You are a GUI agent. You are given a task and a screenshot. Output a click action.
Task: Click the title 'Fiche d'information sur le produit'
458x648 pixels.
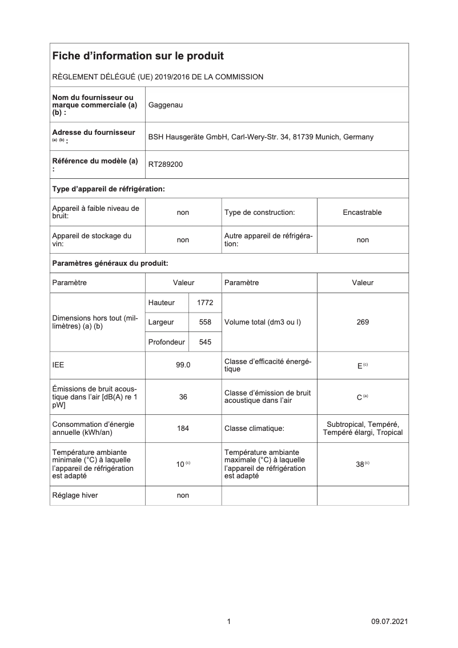138,56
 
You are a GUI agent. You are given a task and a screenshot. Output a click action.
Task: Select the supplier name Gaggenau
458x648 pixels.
166,105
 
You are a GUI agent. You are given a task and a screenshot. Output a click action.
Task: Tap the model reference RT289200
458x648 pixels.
166,165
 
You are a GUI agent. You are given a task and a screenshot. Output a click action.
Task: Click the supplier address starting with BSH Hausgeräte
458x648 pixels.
261,137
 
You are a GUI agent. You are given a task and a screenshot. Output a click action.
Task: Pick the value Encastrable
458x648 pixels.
362,213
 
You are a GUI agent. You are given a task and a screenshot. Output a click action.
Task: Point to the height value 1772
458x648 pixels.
205,303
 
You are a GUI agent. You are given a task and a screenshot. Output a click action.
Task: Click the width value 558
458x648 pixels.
205,322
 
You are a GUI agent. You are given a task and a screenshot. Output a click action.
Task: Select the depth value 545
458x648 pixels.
205,342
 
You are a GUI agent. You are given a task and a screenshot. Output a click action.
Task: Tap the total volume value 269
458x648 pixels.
362,322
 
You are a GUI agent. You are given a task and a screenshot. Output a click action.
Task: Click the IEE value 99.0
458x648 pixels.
183,365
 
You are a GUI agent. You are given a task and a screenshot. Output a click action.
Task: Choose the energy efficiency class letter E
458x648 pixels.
360,366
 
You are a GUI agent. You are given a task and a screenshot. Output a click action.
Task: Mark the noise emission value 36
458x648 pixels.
183,397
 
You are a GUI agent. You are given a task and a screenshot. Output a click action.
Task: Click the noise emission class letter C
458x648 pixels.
359,397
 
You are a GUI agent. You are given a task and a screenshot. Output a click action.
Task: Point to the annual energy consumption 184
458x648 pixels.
183,428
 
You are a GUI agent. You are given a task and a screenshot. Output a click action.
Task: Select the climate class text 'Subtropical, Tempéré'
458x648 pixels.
363,424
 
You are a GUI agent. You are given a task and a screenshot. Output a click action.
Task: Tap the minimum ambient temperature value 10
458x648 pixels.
180,465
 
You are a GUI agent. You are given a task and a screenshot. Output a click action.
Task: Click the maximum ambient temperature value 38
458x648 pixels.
360,465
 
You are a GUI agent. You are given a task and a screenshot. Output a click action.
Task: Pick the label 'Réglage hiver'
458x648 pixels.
75,495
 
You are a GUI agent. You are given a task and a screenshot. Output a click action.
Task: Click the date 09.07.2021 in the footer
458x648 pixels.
389,622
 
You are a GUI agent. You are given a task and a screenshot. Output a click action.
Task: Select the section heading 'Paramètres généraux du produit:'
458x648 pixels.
110,263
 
